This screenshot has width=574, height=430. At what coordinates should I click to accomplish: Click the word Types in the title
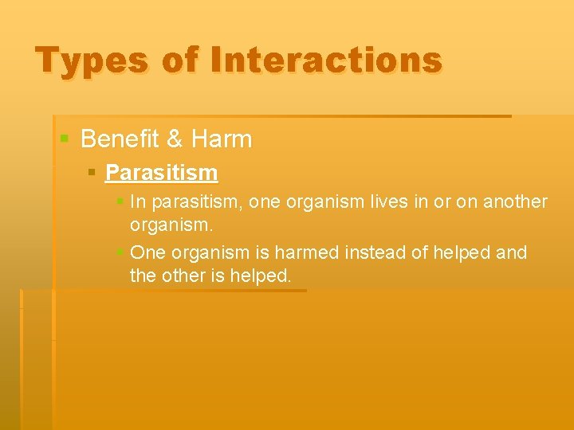[92, 61]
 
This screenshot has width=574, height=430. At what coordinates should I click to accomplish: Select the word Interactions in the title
[324, 61]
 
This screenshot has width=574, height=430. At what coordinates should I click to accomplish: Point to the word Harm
[222, 139]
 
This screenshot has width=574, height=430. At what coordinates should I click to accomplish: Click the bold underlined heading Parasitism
[161, 173]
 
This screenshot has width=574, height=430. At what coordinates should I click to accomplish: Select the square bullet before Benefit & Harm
[65, 140]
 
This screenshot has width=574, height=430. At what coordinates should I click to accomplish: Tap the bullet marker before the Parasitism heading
[92, 173]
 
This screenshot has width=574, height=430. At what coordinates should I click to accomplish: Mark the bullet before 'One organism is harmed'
[120, 253]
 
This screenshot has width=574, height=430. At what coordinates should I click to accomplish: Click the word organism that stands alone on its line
[171, 225]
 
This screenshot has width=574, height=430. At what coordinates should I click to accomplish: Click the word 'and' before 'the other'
[511, 253]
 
